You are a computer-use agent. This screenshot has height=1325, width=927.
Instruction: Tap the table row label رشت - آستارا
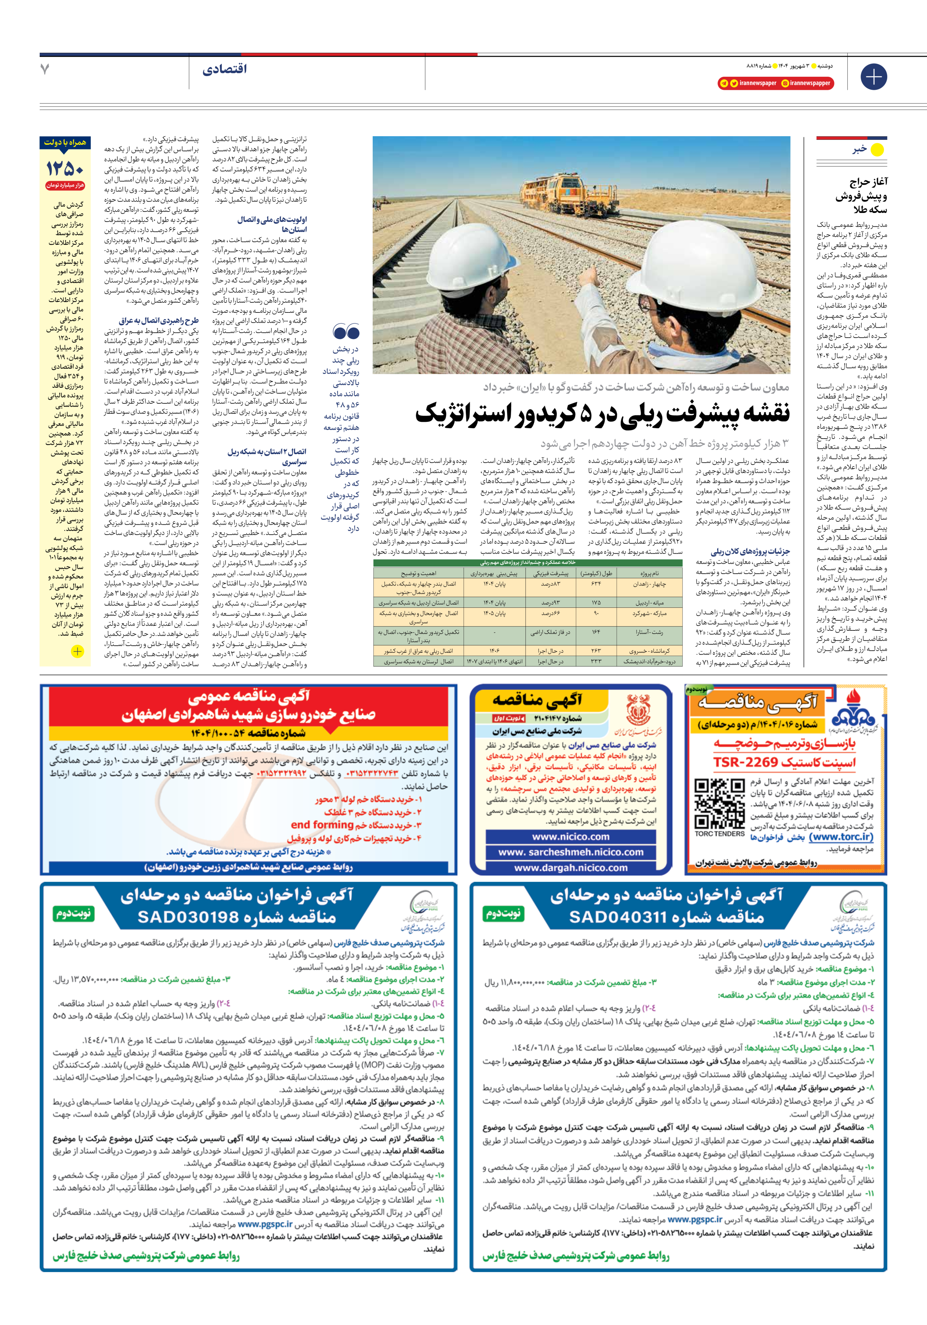(649, 632)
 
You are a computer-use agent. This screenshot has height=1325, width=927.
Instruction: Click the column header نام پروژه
(649, 574)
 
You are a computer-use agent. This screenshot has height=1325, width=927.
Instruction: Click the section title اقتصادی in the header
(224, 70)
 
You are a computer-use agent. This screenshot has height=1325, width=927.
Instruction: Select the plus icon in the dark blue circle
(873, 76)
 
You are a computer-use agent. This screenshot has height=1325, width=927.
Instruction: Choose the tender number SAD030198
(237, 918)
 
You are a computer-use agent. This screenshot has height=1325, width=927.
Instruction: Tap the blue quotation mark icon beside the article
(346, 332)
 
